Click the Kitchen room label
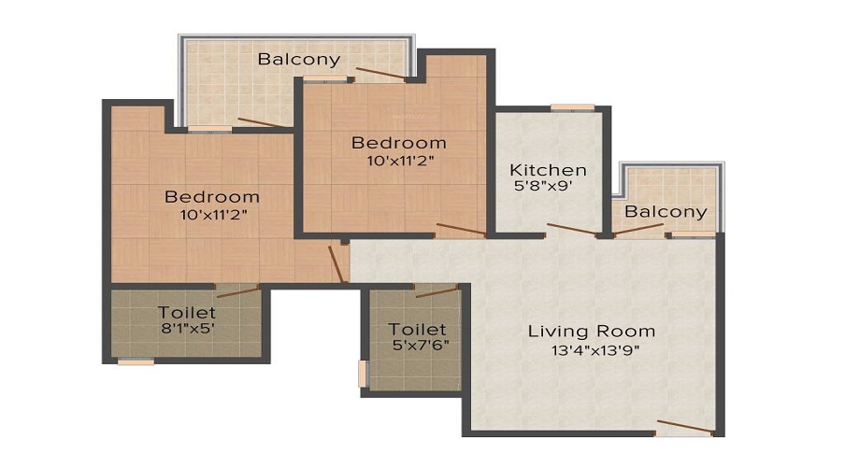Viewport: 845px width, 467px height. pyautogui.click(x=548, y=170)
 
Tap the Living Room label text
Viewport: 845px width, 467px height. pyautogui.click(x=591, y=331)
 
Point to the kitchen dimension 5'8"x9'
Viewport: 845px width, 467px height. pyautogui.click(x=540, y=186)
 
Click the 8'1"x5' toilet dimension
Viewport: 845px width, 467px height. pyautogui.click(x=186, y=328)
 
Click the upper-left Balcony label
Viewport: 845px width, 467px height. pyautogui.click(x=299, y=60)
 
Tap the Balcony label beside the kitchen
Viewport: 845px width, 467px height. pyautogui.click(x=666, y=212)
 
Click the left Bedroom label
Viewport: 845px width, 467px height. pyautogui.click(x=212, y=197)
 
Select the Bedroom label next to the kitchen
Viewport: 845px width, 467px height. pyautogui.click(x=398, y=143)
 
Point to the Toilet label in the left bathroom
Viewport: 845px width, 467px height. pyautogui.click(x=187, y=312)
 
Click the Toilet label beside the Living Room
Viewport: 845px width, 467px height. pyautogui.click(x=417, y=330)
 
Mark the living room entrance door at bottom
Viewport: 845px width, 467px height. pyautogui.click(x=684, y=428)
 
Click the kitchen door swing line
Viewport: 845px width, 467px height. pyautogui.click(x=572, y=230)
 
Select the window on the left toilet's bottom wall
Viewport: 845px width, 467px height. pyautogui.click(x=136, y=361)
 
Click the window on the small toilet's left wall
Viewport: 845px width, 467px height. pyautogui.click(x=363, y=373)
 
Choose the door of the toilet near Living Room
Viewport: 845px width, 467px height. pyautogui.click(x=436, y=290)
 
